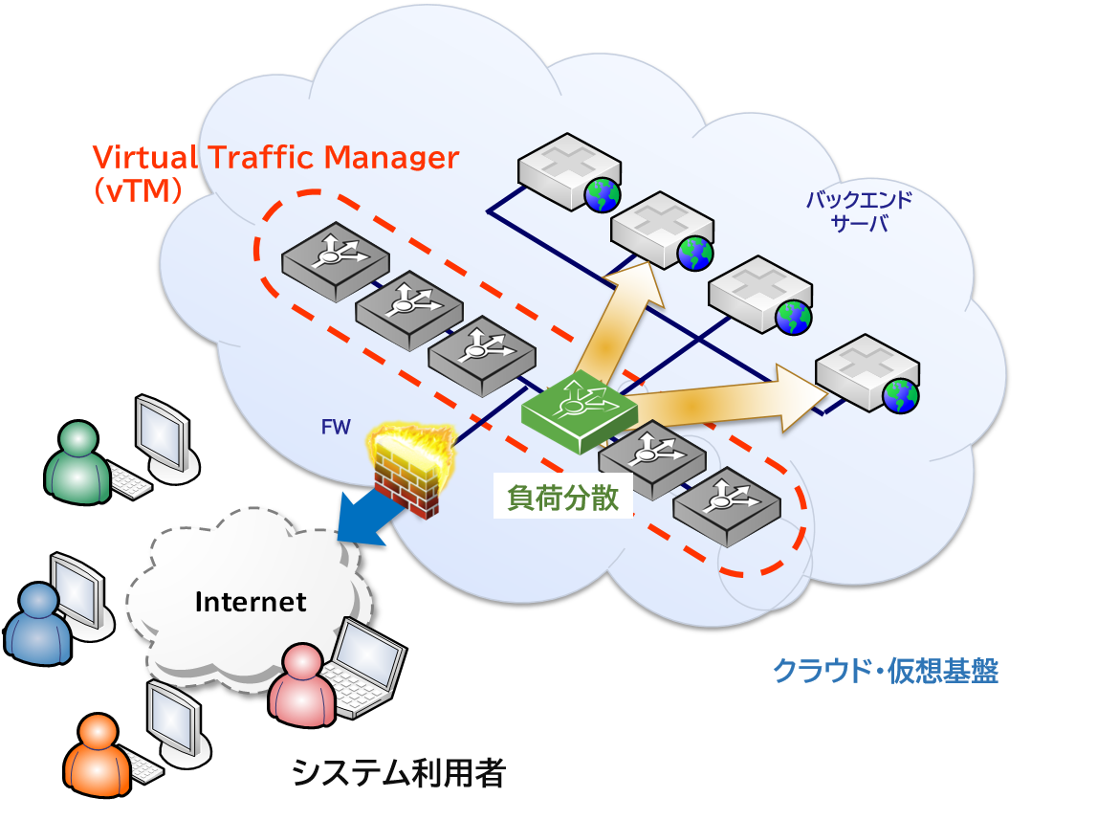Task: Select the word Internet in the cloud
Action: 251,602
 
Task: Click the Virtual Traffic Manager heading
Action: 275,158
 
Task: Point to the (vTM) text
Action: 138,191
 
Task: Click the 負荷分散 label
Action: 562,499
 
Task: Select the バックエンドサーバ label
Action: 859,212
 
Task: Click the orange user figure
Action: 97,757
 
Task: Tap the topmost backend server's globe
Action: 603,194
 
